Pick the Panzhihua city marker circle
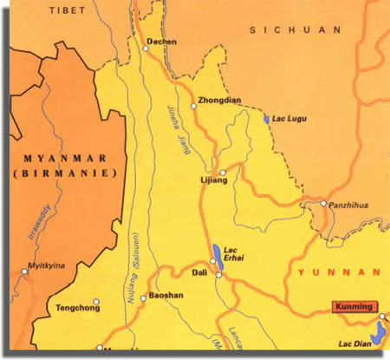pos(323,205)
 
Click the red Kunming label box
pos(354,306)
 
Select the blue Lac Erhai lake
pos(216,254)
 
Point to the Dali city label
pos(198,274)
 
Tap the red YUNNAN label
pos(339,272)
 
